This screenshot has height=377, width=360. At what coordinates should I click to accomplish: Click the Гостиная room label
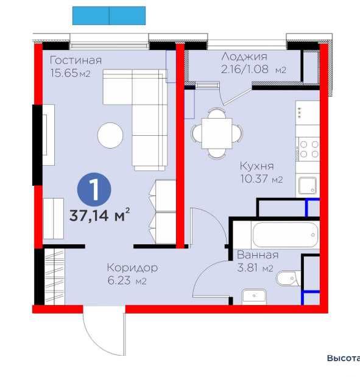click(76, 60)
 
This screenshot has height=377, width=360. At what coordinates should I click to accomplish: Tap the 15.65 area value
click(64, 73)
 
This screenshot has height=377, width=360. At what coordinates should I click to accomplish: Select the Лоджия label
click(244, 57)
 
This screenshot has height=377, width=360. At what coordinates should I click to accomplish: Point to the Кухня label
click(257, 166)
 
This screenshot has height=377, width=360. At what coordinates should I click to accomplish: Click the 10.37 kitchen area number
click(255, 179)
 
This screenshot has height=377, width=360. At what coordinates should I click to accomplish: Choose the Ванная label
click(258, 255)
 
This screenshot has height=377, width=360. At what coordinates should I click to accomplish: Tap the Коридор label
click(133, 267)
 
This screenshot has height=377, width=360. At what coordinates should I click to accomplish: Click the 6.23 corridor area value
click(119, 280)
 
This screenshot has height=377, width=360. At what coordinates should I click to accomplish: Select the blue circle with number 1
click(94, 189)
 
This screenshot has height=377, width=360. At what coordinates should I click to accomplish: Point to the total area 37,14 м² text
click(100, 215)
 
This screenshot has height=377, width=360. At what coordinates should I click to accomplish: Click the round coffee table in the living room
click(110, 135)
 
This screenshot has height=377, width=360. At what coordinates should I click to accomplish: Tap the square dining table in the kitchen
click(217, 133)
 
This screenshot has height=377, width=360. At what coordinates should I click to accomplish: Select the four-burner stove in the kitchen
click(309, 149)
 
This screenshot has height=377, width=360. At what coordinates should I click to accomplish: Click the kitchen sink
click(308, 185)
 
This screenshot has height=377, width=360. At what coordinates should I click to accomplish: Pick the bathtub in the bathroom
click(286, 234)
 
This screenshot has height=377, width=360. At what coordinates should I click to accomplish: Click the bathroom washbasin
click(255, 297)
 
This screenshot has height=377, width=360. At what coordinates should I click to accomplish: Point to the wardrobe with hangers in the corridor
click(55, 277)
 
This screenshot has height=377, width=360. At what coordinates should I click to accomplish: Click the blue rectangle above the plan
click(109, 16)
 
